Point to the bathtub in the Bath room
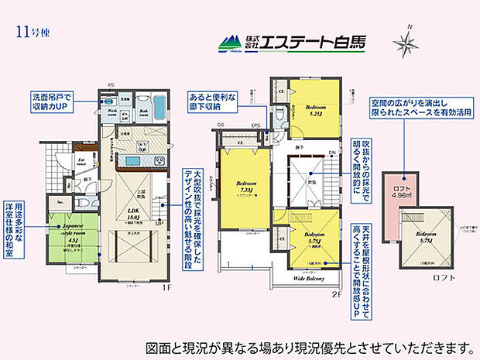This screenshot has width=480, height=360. click(x=153, y=106)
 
